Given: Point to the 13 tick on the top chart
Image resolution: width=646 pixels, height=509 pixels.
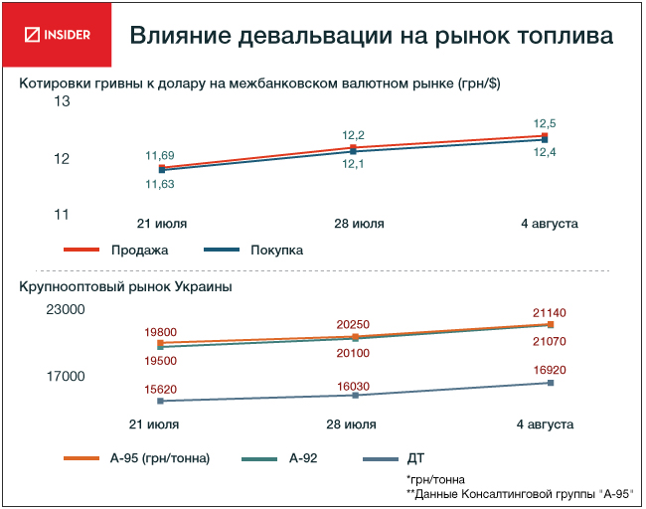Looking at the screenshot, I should (x=61, y=101).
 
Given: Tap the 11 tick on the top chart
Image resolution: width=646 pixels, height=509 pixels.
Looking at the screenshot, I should (x=61, y=215).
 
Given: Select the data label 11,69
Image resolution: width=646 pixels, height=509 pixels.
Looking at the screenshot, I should (x=160, y=155).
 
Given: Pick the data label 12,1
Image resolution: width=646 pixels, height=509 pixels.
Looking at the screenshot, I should (x=353, y=164).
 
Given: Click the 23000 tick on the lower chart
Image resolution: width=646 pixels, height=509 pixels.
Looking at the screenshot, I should (x=67, y=310).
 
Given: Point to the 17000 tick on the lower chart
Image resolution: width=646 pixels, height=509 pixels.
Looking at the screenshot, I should (x=67, y=376).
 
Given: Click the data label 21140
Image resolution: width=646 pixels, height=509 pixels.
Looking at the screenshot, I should (x=549, y=312).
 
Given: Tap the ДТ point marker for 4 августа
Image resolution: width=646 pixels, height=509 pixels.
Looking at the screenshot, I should (x=550, y=383).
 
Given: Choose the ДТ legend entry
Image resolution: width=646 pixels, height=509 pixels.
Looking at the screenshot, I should (x=416, y=458).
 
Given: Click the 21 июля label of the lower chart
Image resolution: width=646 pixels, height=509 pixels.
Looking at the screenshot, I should (x=160, y=424).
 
